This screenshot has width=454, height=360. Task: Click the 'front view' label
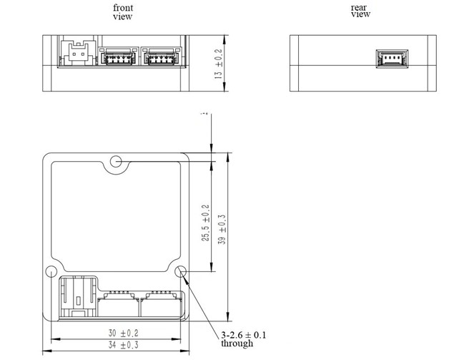(x=122, y=11)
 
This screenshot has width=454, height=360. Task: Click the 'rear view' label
(x=360, y=10)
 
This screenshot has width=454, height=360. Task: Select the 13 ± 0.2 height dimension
(x=219, y=63)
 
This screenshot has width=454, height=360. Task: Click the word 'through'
(x=237, y=344)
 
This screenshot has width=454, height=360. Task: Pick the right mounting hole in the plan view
(x=180, y=272)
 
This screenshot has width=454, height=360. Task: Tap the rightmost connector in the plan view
(x=162, y=304)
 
